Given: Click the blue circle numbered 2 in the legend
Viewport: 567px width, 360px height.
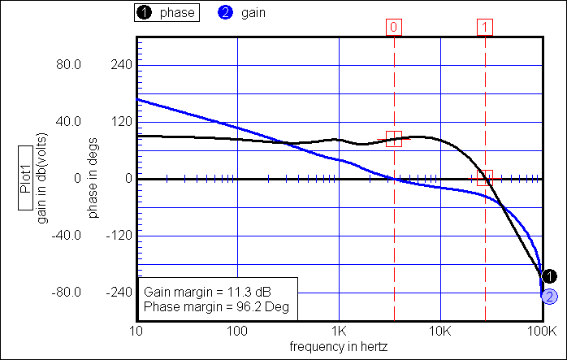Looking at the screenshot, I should click(x=224, y=13).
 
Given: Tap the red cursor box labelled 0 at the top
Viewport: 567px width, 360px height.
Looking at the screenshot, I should click(x=394, y=27).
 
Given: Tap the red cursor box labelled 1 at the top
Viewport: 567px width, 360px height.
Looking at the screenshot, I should click(x=485, y=27).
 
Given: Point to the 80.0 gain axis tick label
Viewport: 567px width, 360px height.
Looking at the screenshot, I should click(x=67, y=64).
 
